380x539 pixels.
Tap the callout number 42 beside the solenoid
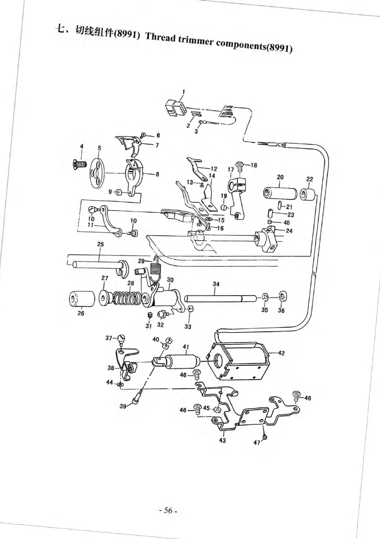coord(281,353)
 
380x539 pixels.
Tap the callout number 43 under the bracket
coord(222,440)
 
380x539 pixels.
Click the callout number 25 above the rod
coord(100,244)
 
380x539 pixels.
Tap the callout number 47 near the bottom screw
coord(257,442)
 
